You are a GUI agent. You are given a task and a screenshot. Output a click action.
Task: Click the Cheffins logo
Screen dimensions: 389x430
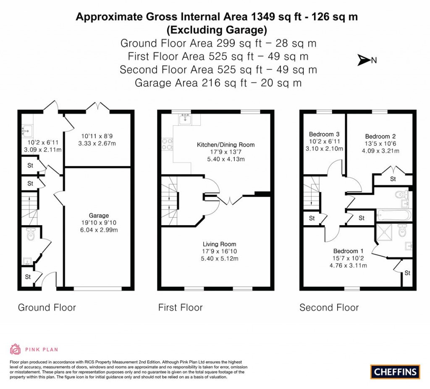click(395, 371)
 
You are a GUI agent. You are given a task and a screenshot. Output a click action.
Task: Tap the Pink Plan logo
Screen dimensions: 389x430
click(34, 349)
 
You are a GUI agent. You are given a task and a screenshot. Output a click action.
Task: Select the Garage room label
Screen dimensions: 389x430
click(99, 215)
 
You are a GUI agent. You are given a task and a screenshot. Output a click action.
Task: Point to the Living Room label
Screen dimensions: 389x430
click(219, 244)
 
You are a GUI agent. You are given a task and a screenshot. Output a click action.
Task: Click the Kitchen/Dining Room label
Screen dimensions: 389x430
click(226, 145)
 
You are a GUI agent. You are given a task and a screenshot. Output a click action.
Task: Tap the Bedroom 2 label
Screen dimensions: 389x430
click(380, 136)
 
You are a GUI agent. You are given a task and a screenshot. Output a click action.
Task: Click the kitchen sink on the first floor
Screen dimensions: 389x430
click(185, 119)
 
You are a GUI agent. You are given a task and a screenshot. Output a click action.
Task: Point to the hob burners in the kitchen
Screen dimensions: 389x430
click(167, 144)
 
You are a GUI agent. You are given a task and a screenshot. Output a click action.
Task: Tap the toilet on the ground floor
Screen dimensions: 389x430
click(31, 236)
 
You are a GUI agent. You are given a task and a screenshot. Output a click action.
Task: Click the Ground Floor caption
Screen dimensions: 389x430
click(47, 308)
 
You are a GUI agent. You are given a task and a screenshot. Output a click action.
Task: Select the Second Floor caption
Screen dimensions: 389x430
click(329, 308)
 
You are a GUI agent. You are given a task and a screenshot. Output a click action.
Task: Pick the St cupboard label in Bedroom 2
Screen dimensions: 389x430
click(393, 179)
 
